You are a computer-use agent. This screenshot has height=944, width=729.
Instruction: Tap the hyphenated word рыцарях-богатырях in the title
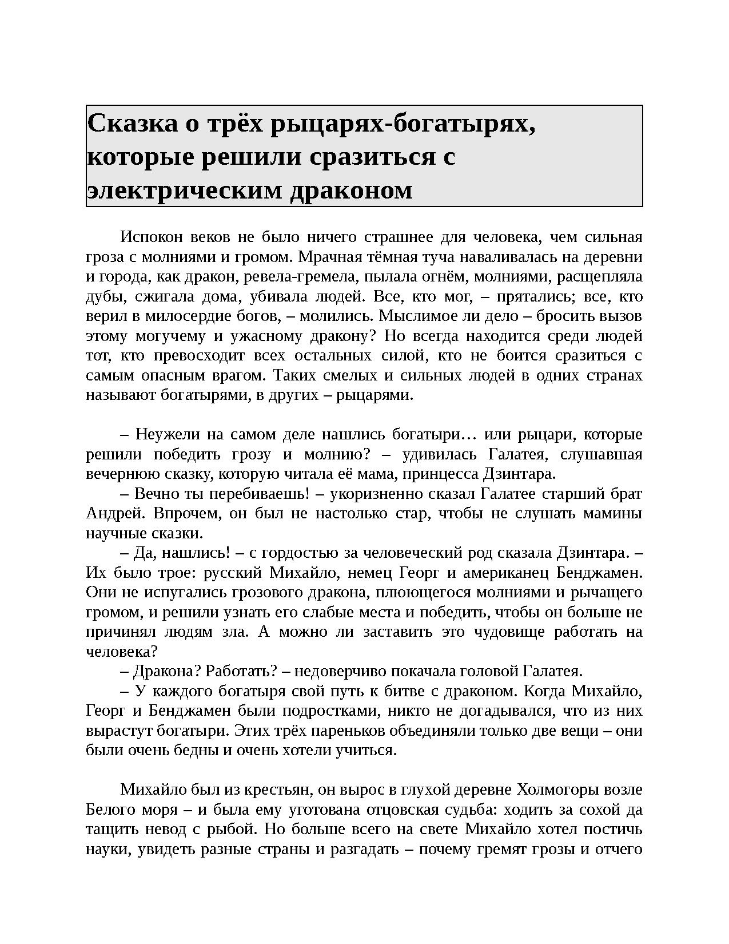403,123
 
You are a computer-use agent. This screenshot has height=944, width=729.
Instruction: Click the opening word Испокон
152,237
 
